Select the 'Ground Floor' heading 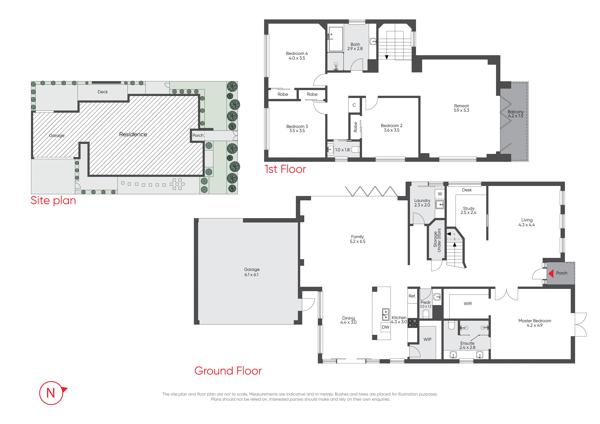point(228,371)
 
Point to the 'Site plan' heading point(53,200)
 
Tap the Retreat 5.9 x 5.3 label point(461,108)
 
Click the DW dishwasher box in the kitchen point(386,327)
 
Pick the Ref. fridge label point(412,296)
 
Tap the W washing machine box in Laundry point(440,194)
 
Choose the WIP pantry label point(428,339)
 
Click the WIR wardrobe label point(468,304)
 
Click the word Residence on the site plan point(133,134)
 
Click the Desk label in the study point(467,190)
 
